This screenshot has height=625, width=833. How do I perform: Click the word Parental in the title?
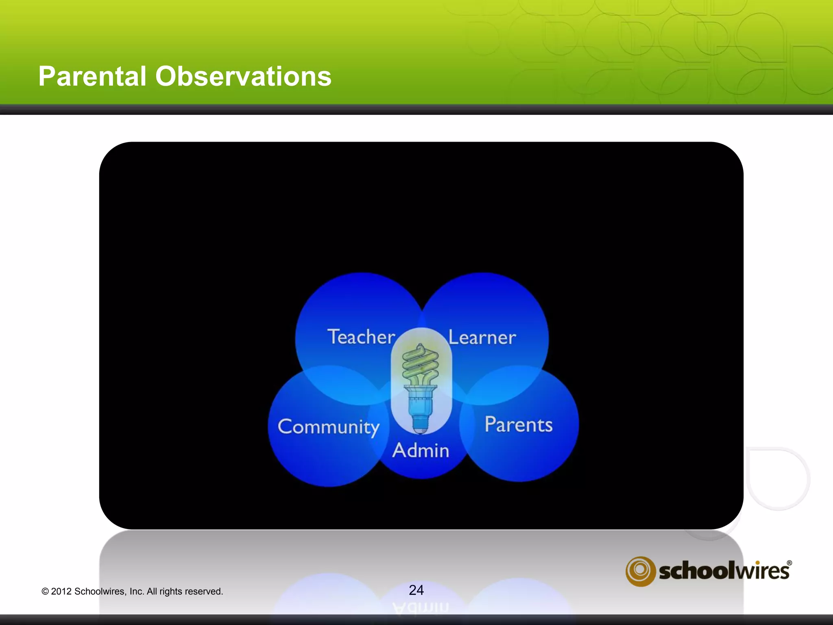pyautogui.click(x=92, y=76)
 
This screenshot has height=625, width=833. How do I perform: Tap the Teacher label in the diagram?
pyautogui.click(x=361, y=337)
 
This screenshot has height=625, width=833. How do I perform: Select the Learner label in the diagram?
pyautogui.click(x=482, y=338)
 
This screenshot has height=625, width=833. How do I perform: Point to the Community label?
pyautogui.click(x=328, y=427)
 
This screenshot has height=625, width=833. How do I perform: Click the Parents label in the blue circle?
pyautogui.click(x=518, y=425)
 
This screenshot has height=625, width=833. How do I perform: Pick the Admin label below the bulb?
pyautogui.click(x=421, y=450)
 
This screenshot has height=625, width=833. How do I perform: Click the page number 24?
pyautogui.click(x=416, y=590)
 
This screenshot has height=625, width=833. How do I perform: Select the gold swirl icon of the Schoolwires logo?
pyautogui.click(x=640, y=571)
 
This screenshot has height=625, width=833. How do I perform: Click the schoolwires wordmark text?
pyautogui.click(x=724, y=571)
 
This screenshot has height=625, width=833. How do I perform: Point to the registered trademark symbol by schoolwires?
pyautogui.click(x=789, y=563)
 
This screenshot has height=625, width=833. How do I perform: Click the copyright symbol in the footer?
pyautogui.click(x=45, y=592)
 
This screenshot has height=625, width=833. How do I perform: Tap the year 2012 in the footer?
pyautogui.click(x=61, y=592)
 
